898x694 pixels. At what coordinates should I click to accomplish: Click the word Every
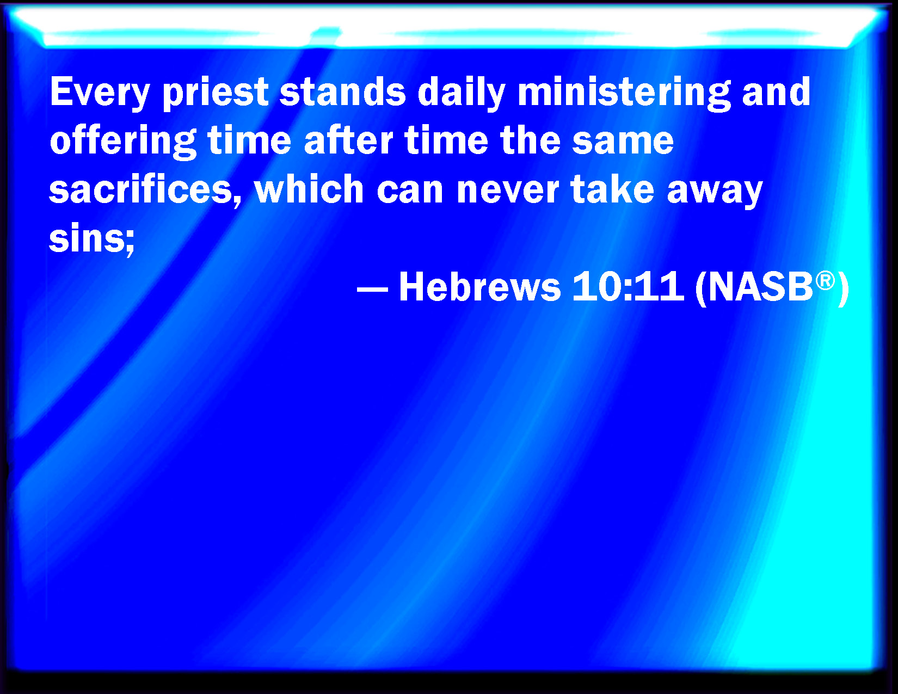click(100, 93)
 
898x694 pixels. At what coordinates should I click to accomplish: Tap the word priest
click(216, 93)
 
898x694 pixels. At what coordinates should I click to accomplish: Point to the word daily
click(461, 93)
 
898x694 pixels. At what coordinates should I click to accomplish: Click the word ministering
click(624, 93)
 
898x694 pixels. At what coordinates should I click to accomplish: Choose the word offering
click(123, 142)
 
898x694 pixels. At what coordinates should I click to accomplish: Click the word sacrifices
click(145, 190)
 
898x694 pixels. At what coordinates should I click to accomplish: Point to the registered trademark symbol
click(825, 281)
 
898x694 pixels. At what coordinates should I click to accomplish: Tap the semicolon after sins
click(130, 244)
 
